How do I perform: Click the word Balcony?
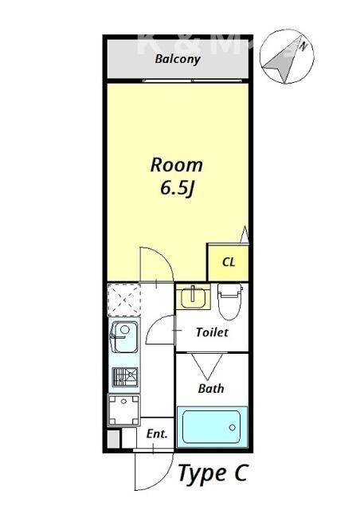tap(177, 59)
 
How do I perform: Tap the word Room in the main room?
tap(177, 165)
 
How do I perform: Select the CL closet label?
tap(228, 261)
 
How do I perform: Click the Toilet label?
tap(212, 331)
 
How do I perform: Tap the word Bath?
tap(211, 389)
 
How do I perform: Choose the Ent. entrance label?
tap(157, 434)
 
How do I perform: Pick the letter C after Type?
tap(241, 473)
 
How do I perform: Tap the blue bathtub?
tap(211, 426)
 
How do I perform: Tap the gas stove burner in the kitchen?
tap(123, 377)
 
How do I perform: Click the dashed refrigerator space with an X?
tap(124, 300)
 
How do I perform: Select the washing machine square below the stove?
tap(123, 411)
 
